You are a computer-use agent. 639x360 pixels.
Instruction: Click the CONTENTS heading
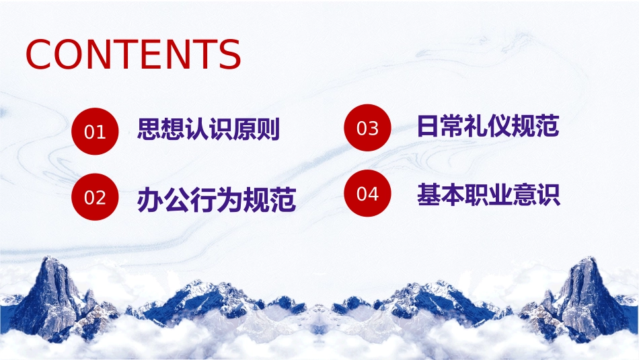pyautogui.click(x=133, y=55)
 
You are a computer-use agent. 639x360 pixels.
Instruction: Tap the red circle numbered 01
pyautogui.click(x=95, y=131)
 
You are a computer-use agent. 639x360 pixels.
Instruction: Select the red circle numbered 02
pyautogui.click(x=95, y=197)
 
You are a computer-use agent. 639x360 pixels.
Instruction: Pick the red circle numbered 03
pyautogui.click(x=367, y=128)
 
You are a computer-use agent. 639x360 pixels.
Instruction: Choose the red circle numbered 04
pyautogui.click(x=367, y=193)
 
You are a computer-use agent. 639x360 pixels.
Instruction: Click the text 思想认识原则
pyautogui.click(x=209, y=129)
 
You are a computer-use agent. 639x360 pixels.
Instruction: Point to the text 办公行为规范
pyautogui.click(x=217, y=200)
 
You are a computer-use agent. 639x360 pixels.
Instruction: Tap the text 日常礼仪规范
pyautogui.click(x=488, y=126)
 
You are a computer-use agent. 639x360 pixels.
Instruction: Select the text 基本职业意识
pyautogui.click(x=488, y=195)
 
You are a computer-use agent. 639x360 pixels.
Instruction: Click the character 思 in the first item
pyautogui.click(x=149, y=129)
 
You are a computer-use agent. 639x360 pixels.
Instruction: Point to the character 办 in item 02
pyautogui.click(x=150, y=200)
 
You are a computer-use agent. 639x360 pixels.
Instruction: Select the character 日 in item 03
pyautogui.click(x=428, y=126)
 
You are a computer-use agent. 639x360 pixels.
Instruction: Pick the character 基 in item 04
pyautogui.click(x=428, y=195)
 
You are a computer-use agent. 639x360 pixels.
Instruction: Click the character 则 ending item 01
pyautogui.click(x=268, y=129)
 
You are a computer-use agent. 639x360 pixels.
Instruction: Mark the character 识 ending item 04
pyautogui.click(x=548, y=195)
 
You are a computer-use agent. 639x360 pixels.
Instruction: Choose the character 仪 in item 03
pyautogui.click(x=500, y=126)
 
